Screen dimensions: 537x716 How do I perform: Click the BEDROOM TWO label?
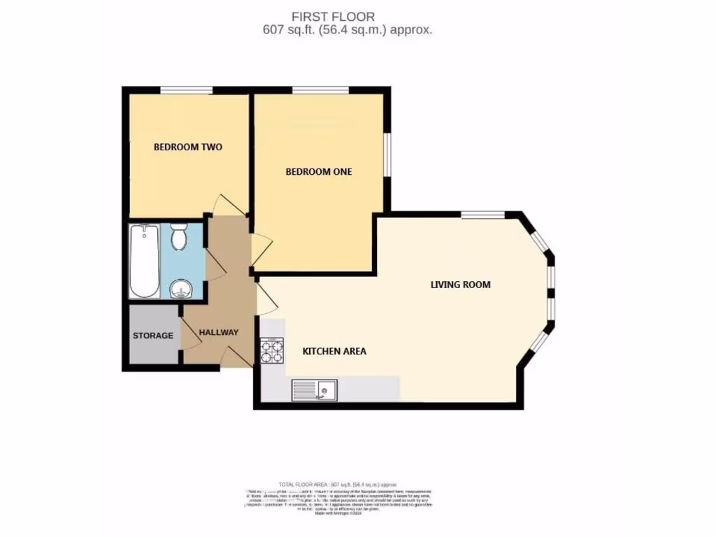point(188,148)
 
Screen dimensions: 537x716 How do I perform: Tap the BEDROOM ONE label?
point(319,171)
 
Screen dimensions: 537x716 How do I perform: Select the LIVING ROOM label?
point(460,285)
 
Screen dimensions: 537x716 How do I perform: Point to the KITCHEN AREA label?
point(334,351)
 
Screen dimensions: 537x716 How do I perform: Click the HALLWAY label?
point(219,333)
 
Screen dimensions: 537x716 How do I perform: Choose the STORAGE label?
point(153,336)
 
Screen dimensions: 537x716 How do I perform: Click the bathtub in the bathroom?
point(145,260)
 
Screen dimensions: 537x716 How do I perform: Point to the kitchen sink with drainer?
point(314,389)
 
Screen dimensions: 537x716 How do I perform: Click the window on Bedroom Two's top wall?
point(186,89)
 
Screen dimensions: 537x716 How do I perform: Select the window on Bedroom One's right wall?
point(387,154)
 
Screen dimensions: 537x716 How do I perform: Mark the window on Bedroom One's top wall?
point(320,89)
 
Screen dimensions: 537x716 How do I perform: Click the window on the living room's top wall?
point(482,214)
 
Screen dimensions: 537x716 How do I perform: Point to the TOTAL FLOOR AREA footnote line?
point(338,484)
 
